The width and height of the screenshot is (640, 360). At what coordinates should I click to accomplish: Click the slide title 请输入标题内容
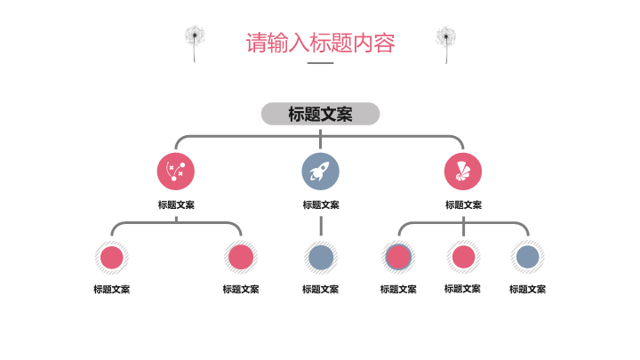tap(320, 43)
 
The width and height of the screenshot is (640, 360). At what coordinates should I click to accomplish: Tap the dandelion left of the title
tap(195, 42)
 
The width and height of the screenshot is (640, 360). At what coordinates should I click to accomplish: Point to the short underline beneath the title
tap(320, 63)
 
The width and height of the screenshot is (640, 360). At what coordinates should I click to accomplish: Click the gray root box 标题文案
tap(320, 114)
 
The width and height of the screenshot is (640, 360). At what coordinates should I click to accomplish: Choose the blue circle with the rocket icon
tap(320, 171)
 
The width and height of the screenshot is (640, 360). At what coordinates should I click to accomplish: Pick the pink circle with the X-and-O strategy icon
tap(176, 171)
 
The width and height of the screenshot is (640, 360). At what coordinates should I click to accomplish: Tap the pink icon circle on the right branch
tap(463, 171)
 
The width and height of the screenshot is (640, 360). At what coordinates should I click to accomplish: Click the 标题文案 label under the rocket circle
tap(320, 204)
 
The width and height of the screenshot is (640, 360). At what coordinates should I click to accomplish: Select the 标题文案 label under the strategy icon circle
tap(176, 204)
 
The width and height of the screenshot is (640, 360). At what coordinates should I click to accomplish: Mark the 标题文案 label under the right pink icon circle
tap(463, 204)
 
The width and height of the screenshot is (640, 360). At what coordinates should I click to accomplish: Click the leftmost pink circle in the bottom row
tap(111, 258)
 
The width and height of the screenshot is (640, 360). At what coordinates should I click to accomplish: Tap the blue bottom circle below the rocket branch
tap(320, 258)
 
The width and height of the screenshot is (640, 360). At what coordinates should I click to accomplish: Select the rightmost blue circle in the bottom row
tap(528, 258)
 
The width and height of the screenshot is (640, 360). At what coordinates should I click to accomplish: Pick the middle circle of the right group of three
tap(463, 258)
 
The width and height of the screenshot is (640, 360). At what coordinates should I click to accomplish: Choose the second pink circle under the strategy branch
tap(241, 258)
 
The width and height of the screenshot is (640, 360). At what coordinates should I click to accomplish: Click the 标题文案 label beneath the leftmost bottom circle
tap(111, 289)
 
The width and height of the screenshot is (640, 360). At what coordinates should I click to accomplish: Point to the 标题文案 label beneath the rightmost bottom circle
tap(528, 289)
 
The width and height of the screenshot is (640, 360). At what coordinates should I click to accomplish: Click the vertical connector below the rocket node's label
tap(320, 225)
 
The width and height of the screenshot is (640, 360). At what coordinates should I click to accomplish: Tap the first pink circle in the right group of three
tap(398, 258)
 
